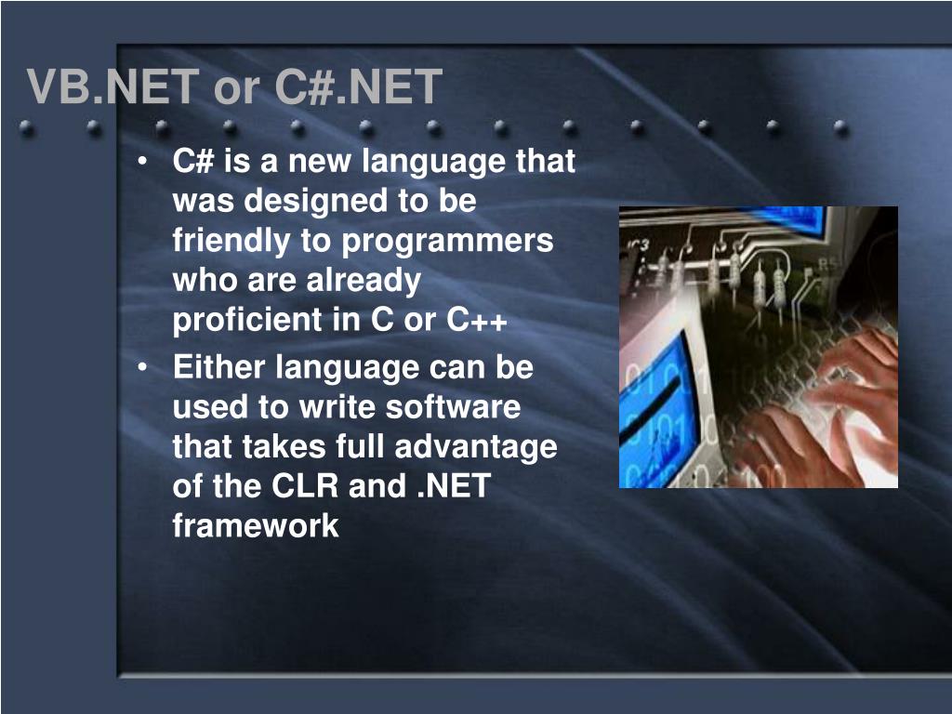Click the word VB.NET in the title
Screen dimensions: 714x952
pos(112,88)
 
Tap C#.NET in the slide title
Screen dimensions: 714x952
pos(358,88)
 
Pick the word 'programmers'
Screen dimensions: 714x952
pos(447,241)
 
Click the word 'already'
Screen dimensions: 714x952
pos(364,281)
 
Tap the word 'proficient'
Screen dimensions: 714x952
pos(246,320)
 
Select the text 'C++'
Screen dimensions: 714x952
pos(477,320)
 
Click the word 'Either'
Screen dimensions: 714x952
pos(219,368)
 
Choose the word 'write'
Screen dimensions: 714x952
pos(337,407)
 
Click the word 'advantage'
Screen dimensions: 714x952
pos(475,447)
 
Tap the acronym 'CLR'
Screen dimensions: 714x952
pos(306,486)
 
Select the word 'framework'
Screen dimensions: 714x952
pos(256,526)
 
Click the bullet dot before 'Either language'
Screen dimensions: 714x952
pos(142,369)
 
